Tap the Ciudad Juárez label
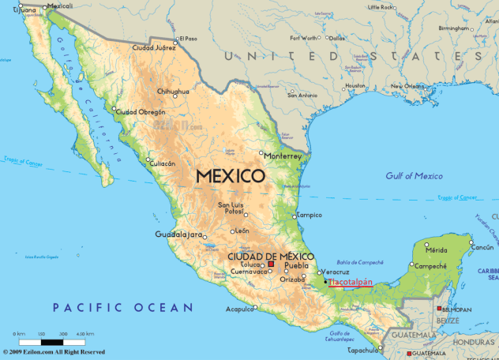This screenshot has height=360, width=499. pyautogui.click(x=154, y=47)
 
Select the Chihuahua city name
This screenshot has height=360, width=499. pyautogui.click(x=173, y=92)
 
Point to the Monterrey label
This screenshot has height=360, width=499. pyautogui.click(x=283, y=156)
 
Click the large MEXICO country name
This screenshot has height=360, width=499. pyautogui.click(x=230, y=176)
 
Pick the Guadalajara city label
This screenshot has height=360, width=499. pyautogui.click(x=180, y=234)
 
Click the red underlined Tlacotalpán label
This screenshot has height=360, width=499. pyautogui.click(x=350, y=282)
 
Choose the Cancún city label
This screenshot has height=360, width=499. pyautogui.click(x=482, y=247)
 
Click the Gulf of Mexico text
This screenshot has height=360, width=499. pyautogui.click(x=415, y=175)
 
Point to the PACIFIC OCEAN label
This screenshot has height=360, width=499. pyautogui.click(x=122, y=307)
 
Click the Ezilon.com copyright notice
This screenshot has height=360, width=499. pyautogui.click(x=54, y=352)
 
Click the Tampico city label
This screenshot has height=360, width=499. pyautogui.click(x=309, y=215)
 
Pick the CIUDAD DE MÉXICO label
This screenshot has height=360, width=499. pyautogui.click(x=271, y=257)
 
